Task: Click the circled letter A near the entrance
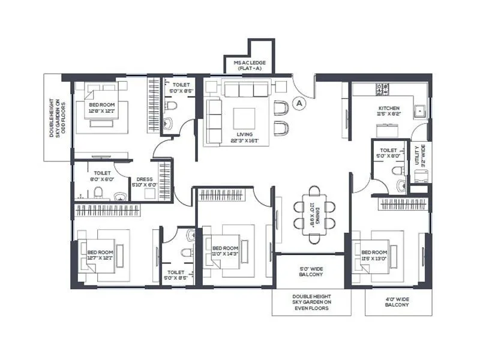coord(299,103)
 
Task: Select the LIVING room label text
coord(244,137)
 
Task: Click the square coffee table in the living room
coord(244,118)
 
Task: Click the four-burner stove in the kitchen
coord(382,89)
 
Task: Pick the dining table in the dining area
coord(314,214)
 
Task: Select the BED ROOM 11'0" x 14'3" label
coord(225,251)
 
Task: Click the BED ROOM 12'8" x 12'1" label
coord(101,107)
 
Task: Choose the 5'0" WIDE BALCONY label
coord(311,272)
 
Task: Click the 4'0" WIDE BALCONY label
coord(397,301)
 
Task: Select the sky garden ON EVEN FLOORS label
coord(311,303)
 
